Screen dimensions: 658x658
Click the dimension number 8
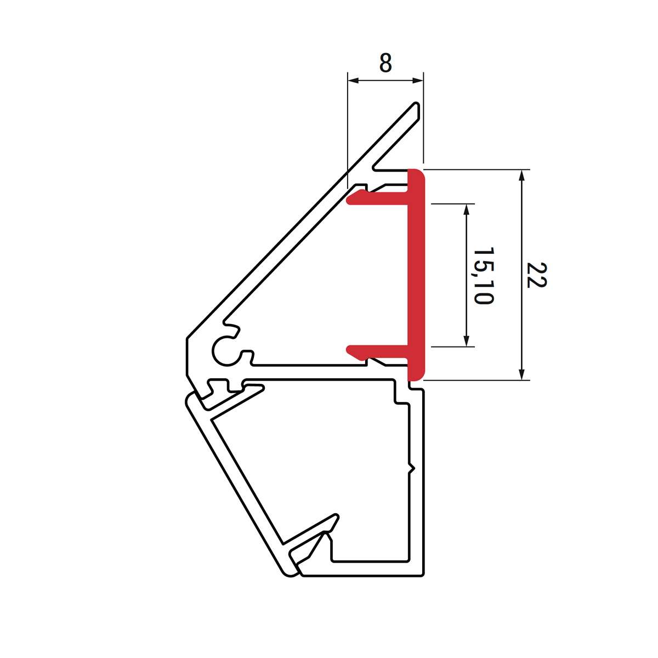tap(385, 64)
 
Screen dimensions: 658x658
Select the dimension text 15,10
tap(483, 276)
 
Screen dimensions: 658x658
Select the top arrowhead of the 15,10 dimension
tap(467, 209)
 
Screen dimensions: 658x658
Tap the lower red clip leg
tap(378, 351)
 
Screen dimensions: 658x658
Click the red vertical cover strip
tap(416, 274)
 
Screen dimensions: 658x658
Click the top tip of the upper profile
tap(417, 104)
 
